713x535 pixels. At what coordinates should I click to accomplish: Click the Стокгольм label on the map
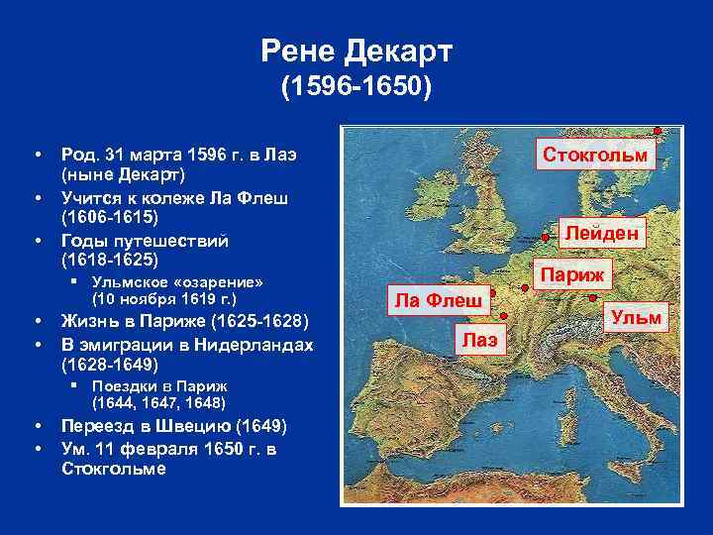594,156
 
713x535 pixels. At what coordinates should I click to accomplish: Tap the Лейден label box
603,233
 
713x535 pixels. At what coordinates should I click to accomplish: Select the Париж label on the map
573,273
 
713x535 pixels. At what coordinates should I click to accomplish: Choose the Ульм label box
636,318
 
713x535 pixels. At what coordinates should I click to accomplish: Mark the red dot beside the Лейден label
546,236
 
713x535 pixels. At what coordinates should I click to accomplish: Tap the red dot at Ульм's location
591,296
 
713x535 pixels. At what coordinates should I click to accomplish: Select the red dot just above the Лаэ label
500,318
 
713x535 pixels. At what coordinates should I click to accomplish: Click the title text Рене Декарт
356,49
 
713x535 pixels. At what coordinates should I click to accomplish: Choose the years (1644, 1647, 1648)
158,402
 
